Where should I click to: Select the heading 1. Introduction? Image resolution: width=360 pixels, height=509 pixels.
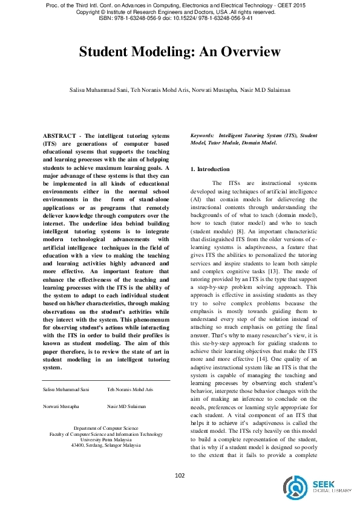coord(210,169)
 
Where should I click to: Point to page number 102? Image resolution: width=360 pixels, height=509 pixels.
coord(180,476)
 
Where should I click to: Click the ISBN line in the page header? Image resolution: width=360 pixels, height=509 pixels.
coord(180,18)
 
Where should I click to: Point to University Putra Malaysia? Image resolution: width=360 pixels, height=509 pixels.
coord(106,439)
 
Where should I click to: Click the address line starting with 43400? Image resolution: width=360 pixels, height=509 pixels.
coord(106,446)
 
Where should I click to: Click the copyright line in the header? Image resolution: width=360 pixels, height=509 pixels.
coord(180,12)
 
